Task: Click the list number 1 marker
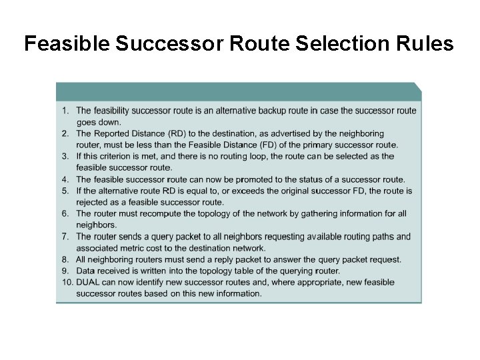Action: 65,110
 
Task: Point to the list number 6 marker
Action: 65,213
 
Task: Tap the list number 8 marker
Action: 65,259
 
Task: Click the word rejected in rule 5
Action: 93,202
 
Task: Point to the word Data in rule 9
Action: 86,271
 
